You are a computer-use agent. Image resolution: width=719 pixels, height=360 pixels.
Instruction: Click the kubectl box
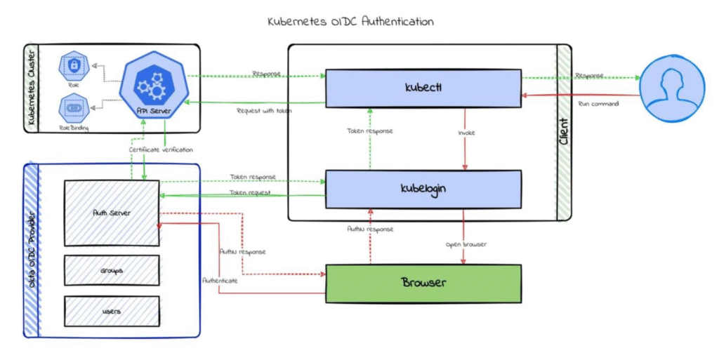423,88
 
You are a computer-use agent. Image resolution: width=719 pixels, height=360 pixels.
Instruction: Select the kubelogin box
423,189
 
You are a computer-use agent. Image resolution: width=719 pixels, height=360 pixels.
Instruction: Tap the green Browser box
423,283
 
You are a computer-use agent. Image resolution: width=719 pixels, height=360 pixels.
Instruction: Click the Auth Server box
112,212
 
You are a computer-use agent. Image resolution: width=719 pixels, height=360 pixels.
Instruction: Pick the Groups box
112,269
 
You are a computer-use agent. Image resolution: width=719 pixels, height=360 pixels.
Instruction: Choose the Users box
112,311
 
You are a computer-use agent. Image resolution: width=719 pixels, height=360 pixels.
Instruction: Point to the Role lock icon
73,65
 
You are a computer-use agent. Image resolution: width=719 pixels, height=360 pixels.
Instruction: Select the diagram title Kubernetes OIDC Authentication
350,21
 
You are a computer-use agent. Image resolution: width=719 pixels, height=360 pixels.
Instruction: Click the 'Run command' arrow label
598,104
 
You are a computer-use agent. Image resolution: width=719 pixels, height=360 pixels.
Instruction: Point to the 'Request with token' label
264,110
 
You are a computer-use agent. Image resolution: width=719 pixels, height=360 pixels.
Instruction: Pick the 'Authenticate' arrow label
220,279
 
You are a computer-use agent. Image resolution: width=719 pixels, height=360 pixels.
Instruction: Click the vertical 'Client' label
563,131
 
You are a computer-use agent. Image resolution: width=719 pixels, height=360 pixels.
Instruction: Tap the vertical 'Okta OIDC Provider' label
32,250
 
